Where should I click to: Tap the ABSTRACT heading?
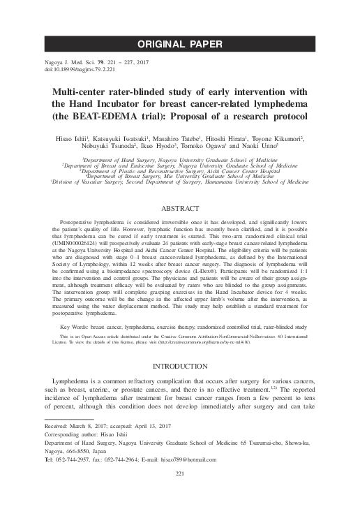[180, 209]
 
